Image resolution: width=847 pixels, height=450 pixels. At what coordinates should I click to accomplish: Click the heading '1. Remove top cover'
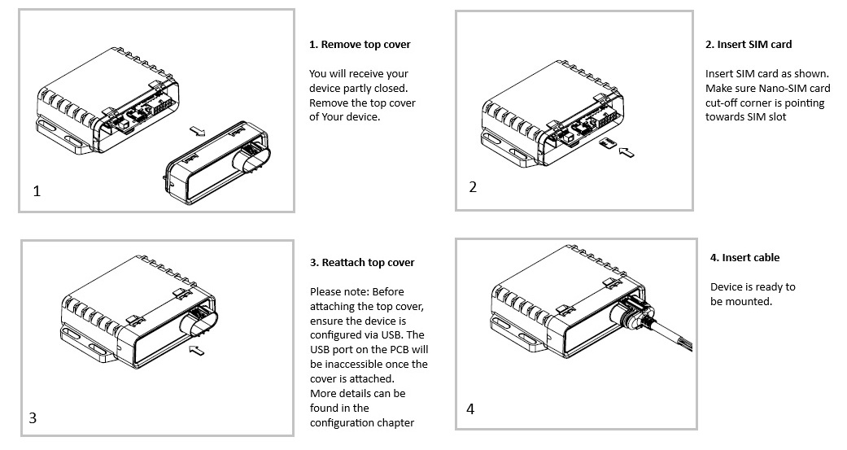(x=360, y=45)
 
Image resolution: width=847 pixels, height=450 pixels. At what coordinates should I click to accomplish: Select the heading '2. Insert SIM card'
(x=749, y=45)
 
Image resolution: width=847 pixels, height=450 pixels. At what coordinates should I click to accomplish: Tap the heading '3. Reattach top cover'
(x=362, y=263)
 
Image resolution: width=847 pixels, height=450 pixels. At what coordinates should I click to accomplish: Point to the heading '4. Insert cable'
(x=744, y=258)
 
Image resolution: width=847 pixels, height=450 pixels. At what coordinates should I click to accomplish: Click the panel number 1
(x=36, y=192)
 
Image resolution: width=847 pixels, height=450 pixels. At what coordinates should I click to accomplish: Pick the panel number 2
(x=473, y=187)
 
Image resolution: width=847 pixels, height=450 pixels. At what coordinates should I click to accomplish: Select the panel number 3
(x=33, y=418)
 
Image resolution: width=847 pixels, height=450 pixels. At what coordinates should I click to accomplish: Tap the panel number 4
(x=470, y=408)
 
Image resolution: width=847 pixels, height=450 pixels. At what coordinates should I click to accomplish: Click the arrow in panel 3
(x=196, y=350)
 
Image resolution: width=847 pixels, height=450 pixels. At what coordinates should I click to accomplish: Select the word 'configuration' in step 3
(x=341, y=423)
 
